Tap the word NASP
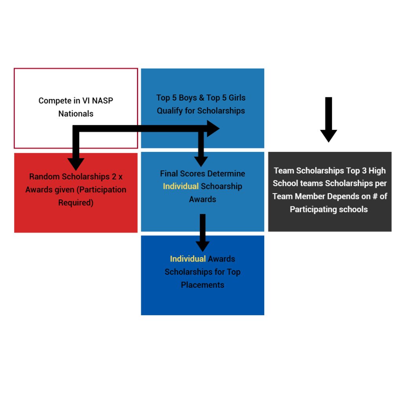pyautogui.click(x=102, y=101)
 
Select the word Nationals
pyautogui.click(x=76, y=114)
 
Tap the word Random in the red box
pyautogui.click(x=44, y=177)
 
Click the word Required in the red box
pyautogui.click(x=76, y=203)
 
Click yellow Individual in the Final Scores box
pyautogui.click(x=181, y=186)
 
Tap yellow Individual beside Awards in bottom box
pyautogui.click(x=188, y=259)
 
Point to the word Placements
pyautogui.click(x=203, y=285)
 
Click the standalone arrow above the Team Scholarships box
pyautogui.click(x=329, y=120)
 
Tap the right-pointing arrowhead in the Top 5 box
pyautogui.click(x=213, y=129)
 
